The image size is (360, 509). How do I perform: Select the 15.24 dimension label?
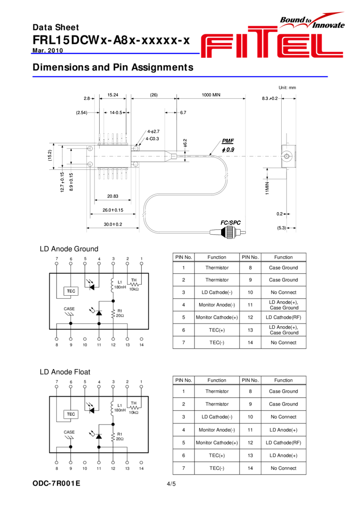point(113,95)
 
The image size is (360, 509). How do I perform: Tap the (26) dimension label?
point(154,95)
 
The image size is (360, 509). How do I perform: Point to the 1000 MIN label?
point(211,95)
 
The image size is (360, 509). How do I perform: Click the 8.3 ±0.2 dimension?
point(270,99)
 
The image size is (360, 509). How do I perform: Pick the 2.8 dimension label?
point(87,99)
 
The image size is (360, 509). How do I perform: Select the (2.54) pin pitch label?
point(82,113)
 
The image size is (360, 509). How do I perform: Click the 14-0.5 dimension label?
point(116,113)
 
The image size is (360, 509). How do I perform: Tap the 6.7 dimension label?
point(183,113)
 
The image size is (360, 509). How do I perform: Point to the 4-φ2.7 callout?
point(153,131)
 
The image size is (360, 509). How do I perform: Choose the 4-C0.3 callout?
point(152,139)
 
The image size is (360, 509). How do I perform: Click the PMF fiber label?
point(228,141)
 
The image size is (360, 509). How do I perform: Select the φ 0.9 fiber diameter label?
point(228,150)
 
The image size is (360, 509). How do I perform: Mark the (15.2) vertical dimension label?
point(50,156)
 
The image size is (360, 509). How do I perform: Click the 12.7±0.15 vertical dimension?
point(62,182)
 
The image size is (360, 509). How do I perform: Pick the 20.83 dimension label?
point(113,196)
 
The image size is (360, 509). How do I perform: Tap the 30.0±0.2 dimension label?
point(113,224)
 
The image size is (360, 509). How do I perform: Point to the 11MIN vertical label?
point(267,188)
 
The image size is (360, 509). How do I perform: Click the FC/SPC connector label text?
point(231,223)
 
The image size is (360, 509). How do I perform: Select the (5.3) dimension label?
point(281,228)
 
